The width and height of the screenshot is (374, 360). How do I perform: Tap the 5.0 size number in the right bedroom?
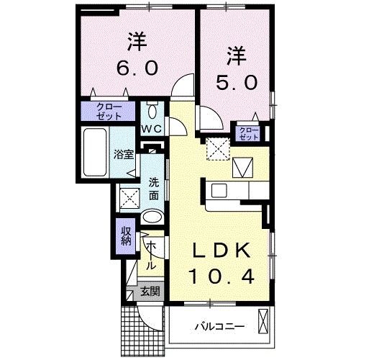pos(235,82)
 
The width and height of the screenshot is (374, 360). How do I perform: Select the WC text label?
pos(152,128)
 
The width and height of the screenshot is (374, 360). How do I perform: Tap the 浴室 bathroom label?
pos(123,154)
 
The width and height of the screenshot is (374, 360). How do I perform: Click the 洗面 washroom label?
pos(154,188)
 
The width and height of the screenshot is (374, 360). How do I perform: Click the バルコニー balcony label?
pos(219,327)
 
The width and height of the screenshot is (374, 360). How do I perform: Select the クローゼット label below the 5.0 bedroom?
pos(248,132)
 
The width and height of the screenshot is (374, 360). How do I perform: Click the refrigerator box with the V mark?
pos(243,167)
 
